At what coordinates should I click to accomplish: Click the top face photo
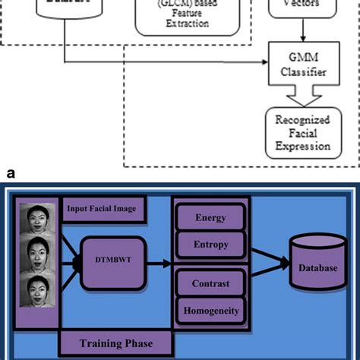tap(39, 221)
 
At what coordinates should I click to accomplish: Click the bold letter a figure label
tap(10, 174)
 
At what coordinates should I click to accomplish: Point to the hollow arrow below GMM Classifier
tap(302, 95)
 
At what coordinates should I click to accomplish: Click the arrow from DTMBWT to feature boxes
tap(159, 263)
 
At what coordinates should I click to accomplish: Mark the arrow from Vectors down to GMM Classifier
tap(303, 32)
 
